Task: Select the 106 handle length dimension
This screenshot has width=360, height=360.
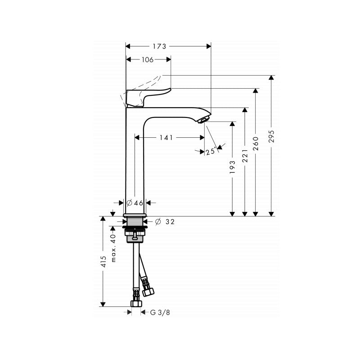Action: coord(148,59)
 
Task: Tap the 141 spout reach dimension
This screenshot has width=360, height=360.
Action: coord(166,138)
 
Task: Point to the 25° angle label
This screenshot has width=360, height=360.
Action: coord(210,152)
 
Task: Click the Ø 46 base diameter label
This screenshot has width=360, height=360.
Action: coord(135,203)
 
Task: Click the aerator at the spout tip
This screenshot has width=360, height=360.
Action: coord(203,119)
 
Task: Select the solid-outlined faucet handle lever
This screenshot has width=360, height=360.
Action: coord(148,96)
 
